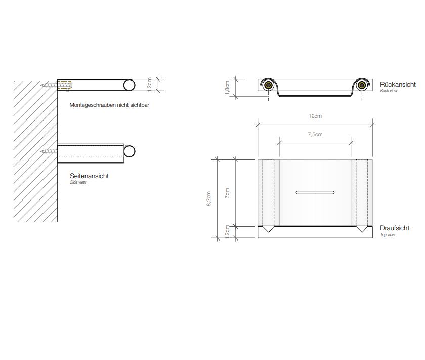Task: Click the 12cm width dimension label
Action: click(x=315, y=116)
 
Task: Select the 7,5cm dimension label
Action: click(x=315, y=134)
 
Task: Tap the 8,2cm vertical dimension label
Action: click(x=208, y=199)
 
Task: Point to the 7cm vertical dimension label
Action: click(x=227, y=193)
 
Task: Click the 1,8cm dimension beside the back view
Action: click(x=227, y=88)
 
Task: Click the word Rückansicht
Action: click(x=398, y=85)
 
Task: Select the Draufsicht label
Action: click(x=394, y=228)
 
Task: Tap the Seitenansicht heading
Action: click(x=89, y=176)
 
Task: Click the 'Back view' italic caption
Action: click(x=389, y=91)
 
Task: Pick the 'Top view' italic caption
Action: click(x=388, y=235)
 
